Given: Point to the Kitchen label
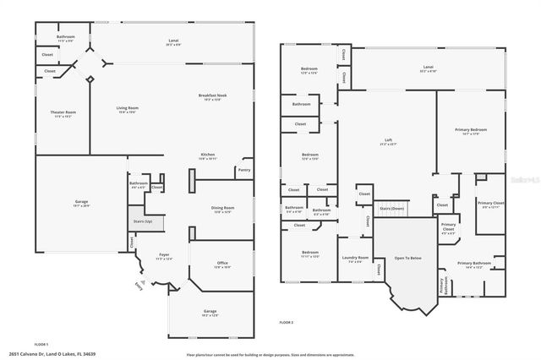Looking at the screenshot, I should click(208, 155).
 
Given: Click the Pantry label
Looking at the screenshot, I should click(244, 170).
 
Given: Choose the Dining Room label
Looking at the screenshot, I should click(222, 208).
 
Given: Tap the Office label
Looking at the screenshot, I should click(222, 265).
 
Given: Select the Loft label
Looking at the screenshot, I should click(387, 141).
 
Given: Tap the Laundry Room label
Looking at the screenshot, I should click(354, 259).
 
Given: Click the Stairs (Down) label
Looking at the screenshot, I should click(391, 207).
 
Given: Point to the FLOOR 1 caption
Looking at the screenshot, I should click(41, 343).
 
